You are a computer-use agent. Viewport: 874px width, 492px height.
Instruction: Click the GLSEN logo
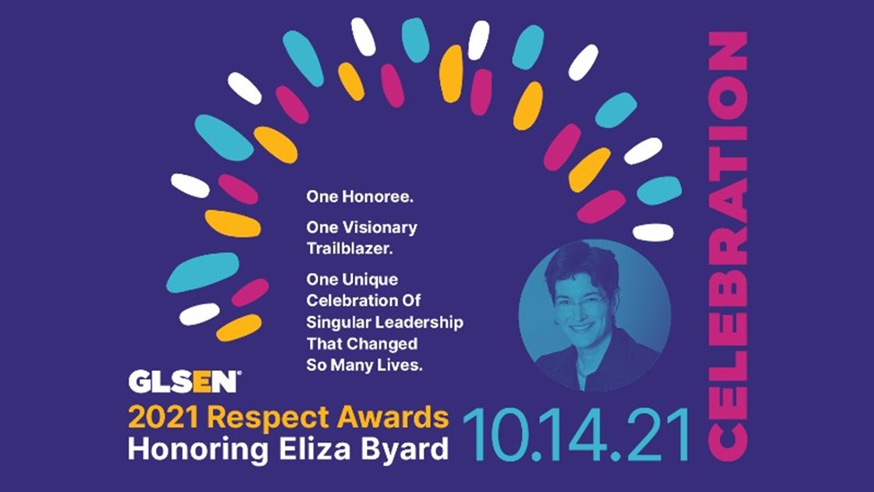pos(184,383)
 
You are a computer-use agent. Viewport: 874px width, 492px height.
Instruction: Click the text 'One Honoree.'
pos(360,198)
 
